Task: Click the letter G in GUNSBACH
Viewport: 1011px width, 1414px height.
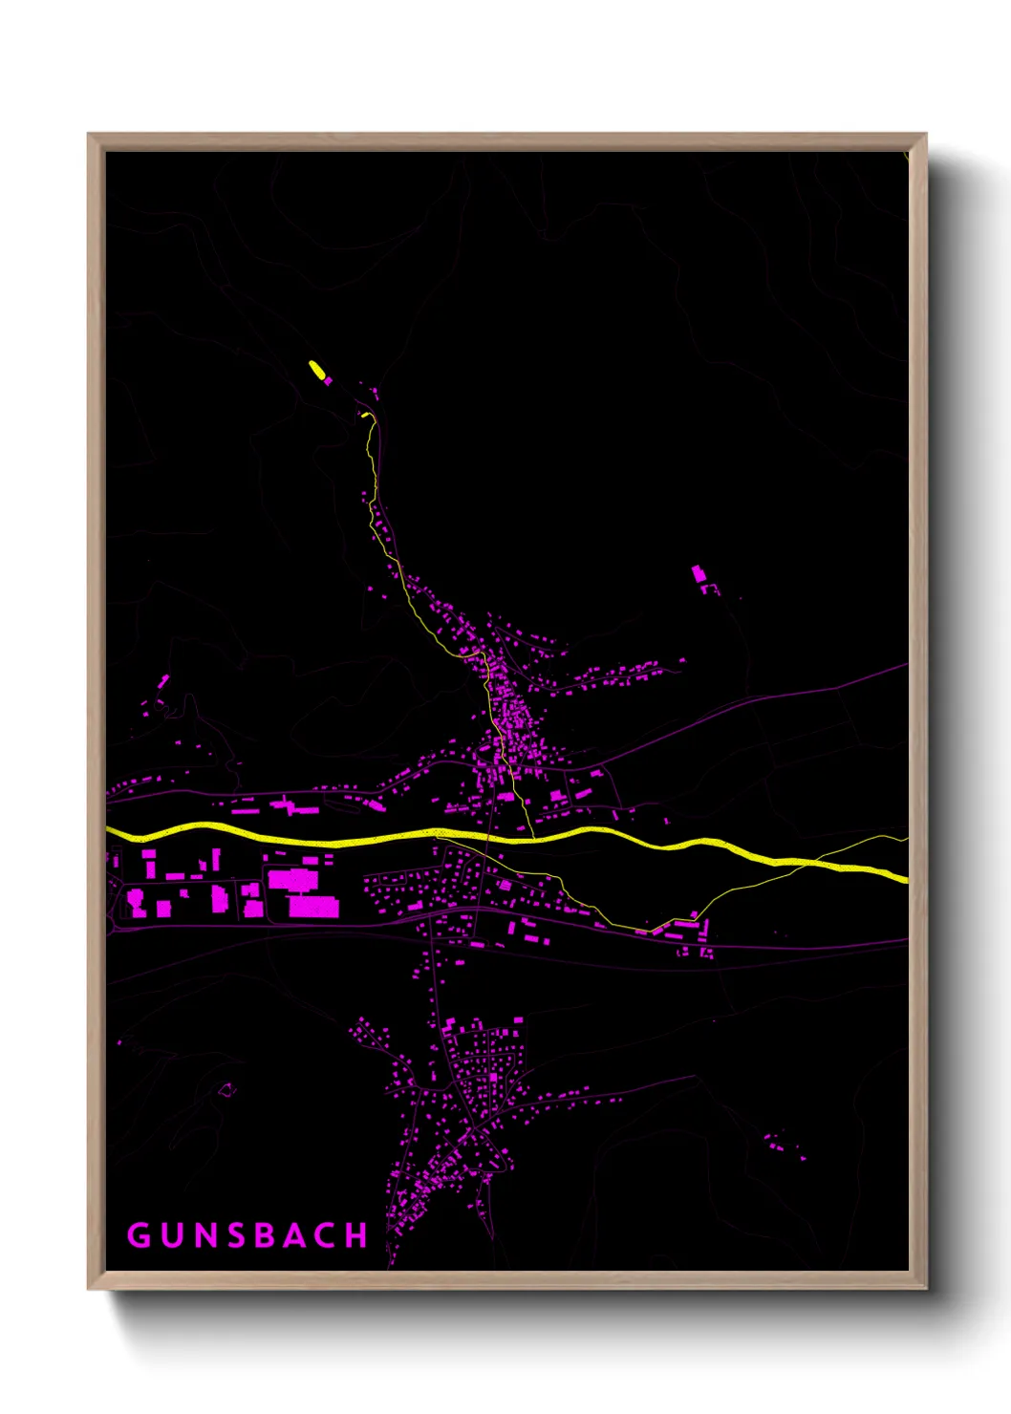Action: click(140, 1235)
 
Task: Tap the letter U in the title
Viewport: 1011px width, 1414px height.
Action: click(172, 1235)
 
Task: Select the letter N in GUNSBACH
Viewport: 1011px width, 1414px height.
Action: click(204, 1235)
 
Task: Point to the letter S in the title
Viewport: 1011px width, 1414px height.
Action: click(235, 1235)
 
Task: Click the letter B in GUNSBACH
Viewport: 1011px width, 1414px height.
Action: click(265, 1235)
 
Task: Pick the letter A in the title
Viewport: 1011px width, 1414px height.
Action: click(295, 1235)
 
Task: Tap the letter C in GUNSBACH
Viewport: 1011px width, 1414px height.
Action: click(326, 1235)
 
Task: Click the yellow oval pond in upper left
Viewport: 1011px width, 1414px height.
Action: click(316, 369)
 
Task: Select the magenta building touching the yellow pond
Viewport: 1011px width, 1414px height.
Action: click(328, 380)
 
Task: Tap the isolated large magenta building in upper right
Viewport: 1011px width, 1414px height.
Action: click(699, 574)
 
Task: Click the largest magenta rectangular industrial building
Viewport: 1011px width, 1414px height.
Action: click(313, 906)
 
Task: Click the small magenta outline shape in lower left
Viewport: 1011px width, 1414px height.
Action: click(226, 1089)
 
